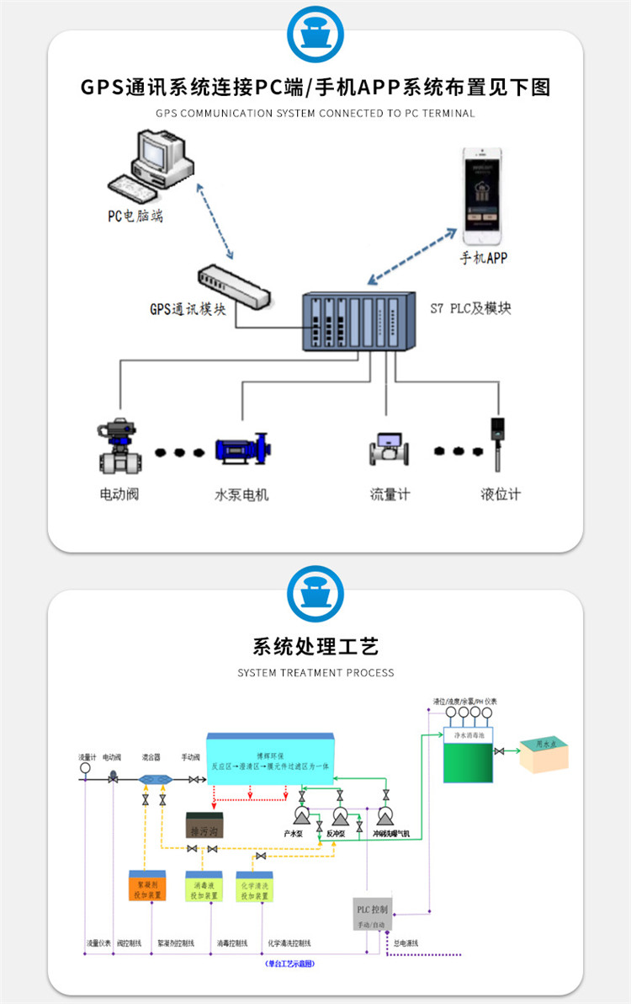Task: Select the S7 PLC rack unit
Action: pos(358,323)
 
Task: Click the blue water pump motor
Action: pos(242,450)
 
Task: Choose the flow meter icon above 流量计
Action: pos(390,450)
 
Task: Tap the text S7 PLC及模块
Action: pos(470,308)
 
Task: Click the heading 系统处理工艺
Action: pos(315,646)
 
